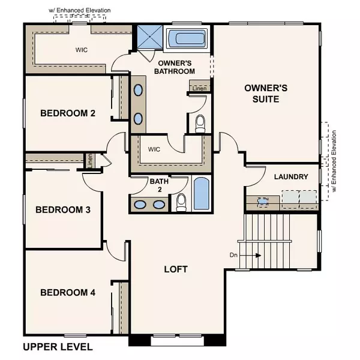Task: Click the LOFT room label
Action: point(176,269)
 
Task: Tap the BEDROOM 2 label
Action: point(68,113)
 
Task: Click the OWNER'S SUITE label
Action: point(266,93)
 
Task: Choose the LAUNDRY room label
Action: point(290,177)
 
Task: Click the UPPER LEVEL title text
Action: point(58,347)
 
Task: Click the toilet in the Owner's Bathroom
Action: point(200,123)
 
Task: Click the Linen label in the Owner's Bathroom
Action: point(200,89)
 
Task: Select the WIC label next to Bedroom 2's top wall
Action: point(82,50)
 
